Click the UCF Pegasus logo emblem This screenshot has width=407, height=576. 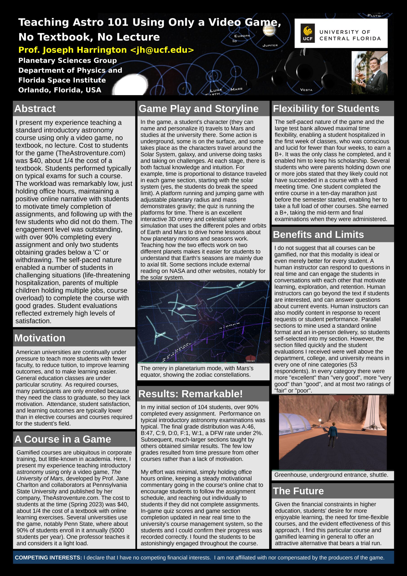click(x=307, y=33)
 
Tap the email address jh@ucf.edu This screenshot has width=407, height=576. click(x=162, y=50)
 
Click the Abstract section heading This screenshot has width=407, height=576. click(x=35, y=109)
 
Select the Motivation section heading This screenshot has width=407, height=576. click(x=40, y=338)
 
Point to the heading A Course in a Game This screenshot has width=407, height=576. click(x=63, y=439)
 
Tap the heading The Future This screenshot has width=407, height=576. click(x=298, y=491)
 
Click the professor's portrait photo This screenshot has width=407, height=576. click(x=369, y=72)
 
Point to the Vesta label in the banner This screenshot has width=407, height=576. click(x=306, y=90)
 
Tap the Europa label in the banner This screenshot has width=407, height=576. click(x=242, y=36)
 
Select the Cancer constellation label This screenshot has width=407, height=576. click(x=160, y=335)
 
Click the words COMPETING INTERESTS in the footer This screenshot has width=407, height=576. click(x=48, y=558)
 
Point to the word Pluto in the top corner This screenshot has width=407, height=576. click(x=374, y=16)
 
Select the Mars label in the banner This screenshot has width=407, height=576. click(x=236, y=89)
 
